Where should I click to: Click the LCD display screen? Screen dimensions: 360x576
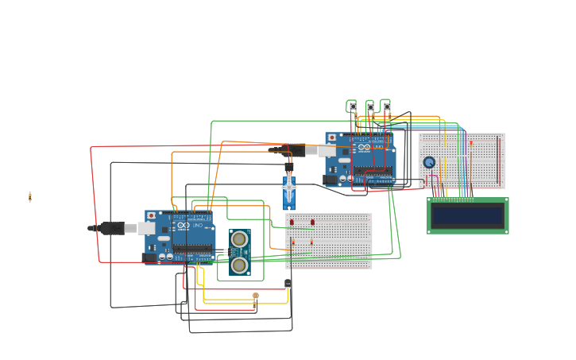[468, 215]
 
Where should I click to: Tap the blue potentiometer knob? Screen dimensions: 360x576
[429, 162]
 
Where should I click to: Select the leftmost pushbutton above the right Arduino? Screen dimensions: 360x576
[353, 106]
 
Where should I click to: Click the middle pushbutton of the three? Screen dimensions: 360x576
[370, 106]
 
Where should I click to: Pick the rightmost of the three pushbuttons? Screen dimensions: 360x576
[387, 106]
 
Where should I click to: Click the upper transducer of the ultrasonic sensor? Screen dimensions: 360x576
[239, 238]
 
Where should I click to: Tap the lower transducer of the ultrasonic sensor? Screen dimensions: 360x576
[239, 265]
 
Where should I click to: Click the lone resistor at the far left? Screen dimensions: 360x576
[30, 197]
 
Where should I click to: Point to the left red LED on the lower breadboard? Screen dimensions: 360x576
[292, 222]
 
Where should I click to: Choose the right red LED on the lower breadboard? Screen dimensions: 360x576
[312, 222]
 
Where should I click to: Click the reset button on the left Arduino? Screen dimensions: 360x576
[151, 215]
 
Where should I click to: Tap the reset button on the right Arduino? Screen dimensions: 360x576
[331, 137]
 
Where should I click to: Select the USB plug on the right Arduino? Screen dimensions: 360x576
[327, 149]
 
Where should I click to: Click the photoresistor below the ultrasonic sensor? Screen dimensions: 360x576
[255, 297]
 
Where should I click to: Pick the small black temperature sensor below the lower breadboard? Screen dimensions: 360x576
[288, 283]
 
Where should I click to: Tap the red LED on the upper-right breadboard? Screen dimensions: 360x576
[470, 143]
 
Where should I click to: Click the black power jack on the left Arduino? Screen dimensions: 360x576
[149, 257]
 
